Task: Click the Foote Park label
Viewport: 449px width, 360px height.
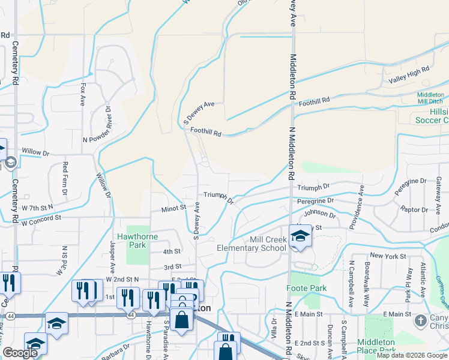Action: coord(310,289)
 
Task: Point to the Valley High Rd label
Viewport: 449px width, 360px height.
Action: coord(409,74)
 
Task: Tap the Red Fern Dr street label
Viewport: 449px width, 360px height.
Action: coord(65,177)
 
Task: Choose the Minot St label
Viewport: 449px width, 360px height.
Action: coord(173,209)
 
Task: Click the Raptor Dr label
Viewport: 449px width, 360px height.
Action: coord(415,209)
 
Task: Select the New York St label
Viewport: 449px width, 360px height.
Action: coord(384,256)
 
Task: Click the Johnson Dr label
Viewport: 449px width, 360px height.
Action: coord(319,213)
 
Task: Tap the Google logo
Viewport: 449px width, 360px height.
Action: coord(20,353)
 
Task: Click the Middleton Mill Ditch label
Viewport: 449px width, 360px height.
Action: coord(430,98)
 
